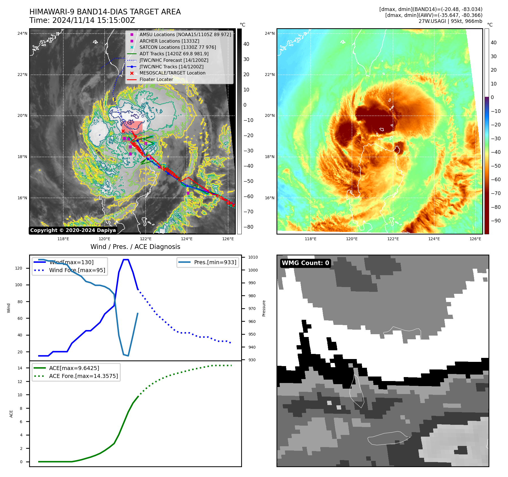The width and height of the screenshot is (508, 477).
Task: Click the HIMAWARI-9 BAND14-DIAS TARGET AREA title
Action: pyautogui.click(x=105, y=12)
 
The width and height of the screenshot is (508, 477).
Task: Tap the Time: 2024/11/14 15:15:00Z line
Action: pyautogui.click(x=82, y=21)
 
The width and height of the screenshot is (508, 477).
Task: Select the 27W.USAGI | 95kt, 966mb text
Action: pyautogui.click(x=450, y=21)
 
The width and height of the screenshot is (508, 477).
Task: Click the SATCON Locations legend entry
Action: pyautogui.click(x=178, y=47)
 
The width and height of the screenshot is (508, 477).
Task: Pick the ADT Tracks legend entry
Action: pyautogui.click(x=174, y=54)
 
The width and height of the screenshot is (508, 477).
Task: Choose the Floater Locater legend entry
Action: pyautogui.click(x=156, y=79)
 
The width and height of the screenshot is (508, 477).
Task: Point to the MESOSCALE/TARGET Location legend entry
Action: pyautogui.click(x=172, y=73)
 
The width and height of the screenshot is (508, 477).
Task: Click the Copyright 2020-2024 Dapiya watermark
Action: pyautogui.click(x=73, y=230)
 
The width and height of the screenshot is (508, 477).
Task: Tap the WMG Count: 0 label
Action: pyautogui.click(x=305, y=263)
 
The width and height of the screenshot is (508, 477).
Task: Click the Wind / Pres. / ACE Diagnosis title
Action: pyautogui.click(x=135, y=247)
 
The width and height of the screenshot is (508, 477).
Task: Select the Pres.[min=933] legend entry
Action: pyautogui.click(x=215, y=262)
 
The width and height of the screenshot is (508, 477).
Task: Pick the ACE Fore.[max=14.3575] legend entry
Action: pyautogui.click(x=83, y=376)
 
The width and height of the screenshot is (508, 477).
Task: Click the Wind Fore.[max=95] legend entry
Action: pyautogui.click(x=77, y=270)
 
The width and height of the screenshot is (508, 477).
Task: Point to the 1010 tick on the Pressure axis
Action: pyautogui.click(x=253, y=257)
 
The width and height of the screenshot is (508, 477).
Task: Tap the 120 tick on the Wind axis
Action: pyautogui.click(x=19, y=268)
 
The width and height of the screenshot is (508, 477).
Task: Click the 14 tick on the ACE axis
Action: pyautogui.click(x=20, y=368)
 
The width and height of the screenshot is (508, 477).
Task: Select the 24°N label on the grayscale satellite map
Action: pyautogui.click(x=22, y=33)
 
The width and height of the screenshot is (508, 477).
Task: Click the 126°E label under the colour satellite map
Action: pyautogui.click(x=475, y=239)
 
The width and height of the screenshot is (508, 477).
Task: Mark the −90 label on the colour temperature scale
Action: pyautogui.click(x=496, y=221)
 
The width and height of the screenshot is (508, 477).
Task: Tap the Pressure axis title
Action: pyautogui.click(x=264, y=308)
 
